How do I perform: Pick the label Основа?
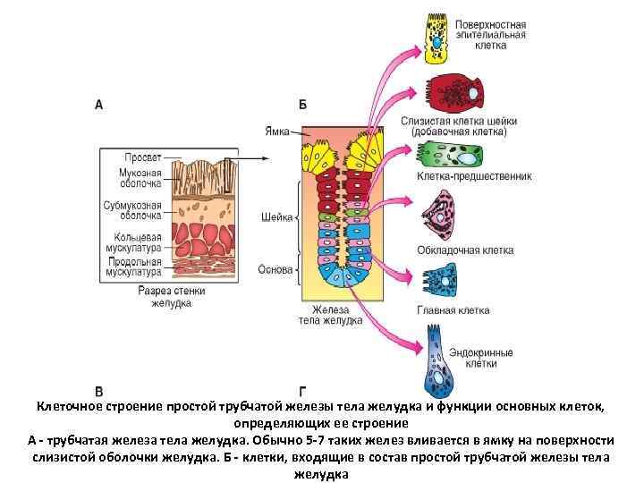(x=274, y=268)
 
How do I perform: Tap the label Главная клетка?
(x=453, y=310)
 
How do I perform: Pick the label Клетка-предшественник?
(x=474, y=176)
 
